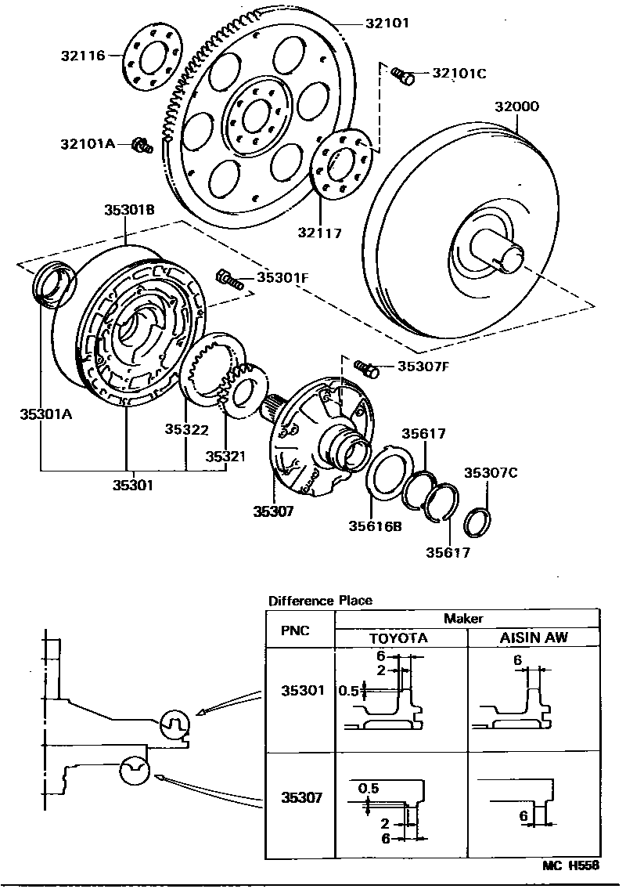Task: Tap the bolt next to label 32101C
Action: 402,75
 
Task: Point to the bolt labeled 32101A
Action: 141,144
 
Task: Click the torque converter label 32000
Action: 517,107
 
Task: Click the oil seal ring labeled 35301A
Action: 54,283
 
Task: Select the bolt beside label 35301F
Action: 226,277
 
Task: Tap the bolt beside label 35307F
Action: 365,365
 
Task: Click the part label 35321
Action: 225,456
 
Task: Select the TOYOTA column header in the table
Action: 399,638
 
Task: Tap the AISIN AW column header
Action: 533,638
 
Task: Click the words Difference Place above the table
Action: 320,601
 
